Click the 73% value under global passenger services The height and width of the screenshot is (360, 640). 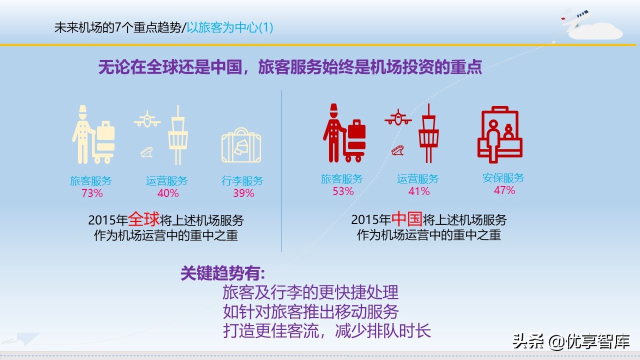pos(92,193)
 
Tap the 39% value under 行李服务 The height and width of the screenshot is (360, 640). pos(243,193)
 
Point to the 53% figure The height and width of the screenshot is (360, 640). pos(343,191)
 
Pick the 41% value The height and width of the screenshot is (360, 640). pos(419,191)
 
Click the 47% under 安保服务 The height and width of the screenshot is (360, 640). pos(504,190)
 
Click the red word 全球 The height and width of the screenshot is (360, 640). pos(143,219)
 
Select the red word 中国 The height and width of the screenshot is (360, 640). pos(406,219)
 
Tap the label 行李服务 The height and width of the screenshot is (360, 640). pos(242,181)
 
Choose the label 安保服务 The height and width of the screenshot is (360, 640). pos(503,178)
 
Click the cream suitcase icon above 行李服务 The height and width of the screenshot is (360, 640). pos(241,145)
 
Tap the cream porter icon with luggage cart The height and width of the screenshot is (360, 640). pos(93,134)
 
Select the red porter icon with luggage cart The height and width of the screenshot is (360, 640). pos(344,133)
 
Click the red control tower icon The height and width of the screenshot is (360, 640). pos(429,133)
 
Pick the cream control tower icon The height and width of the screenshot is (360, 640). pos(177,134)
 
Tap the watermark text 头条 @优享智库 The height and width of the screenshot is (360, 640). pos(570,341)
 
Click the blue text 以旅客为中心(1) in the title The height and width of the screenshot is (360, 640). pos(230,27)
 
